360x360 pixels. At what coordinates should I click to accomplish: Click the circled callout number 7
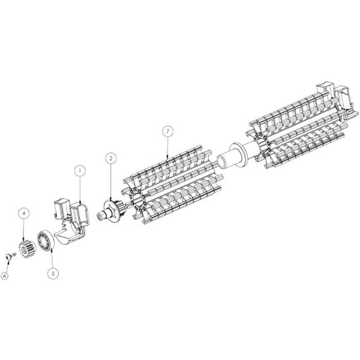(167, 131)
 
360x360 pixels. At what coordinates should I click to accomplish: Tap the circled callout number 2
(111, 158)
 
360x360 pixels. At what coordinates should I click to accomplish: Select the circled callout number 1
(80, 170)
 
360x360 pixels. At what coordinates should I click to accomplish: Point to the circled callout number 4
(24, 213)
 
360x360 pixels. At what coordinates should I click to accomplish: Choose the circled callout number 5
(53, 274)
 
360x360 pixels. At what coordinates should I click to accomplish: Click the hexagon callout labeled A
(5, 276)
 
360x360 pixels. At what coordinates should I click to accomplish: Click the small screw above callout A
(10, 256)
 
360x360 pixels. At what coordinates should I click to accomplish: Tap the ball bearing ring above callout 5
(46, 241)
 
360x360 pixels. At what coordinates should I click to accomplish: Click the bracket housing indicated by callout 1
(71, 221)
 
